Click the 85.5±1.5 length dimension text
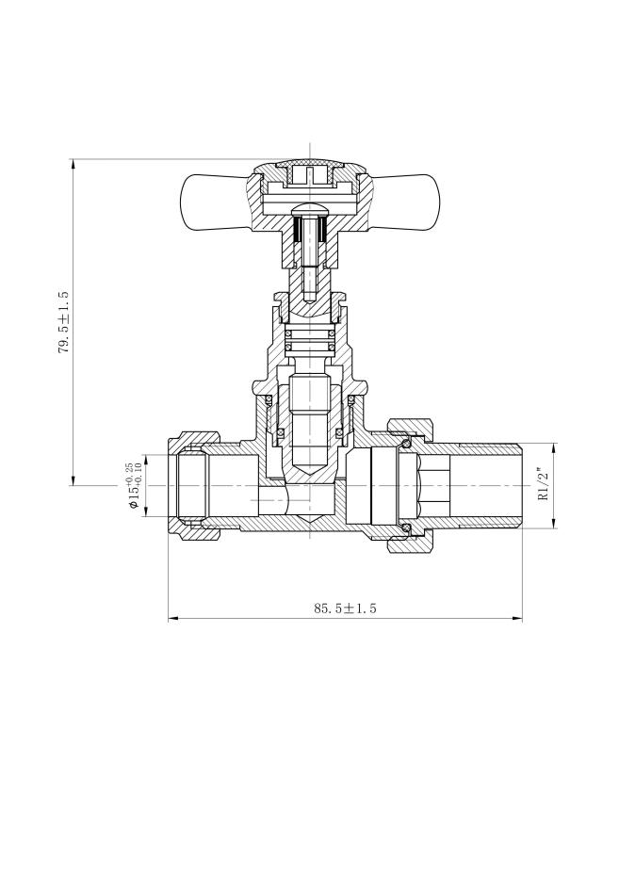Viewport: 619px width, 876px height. click(345, 608)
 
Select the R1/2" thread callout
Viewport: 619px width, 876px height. click(543, 484)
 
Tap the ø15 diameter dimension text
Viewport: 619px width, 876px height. click(131, 486)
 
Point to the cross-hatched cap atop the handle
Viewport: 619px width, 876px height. click(309, 166)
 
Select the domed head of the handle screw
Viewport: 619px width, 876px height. click(309, 209)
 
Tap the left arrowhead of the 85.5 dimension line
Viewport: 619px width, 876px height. click(171, 619)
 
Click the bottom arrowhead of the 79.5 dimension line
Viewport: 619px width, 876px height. click(73, 481)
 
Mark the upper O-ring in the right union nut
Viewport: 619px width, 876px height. click(406, 444)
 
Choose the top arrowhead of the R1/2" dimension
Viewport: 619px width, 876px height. click(553, 446)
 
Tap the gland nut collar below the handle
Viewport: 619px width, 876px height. click(309, 300)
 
